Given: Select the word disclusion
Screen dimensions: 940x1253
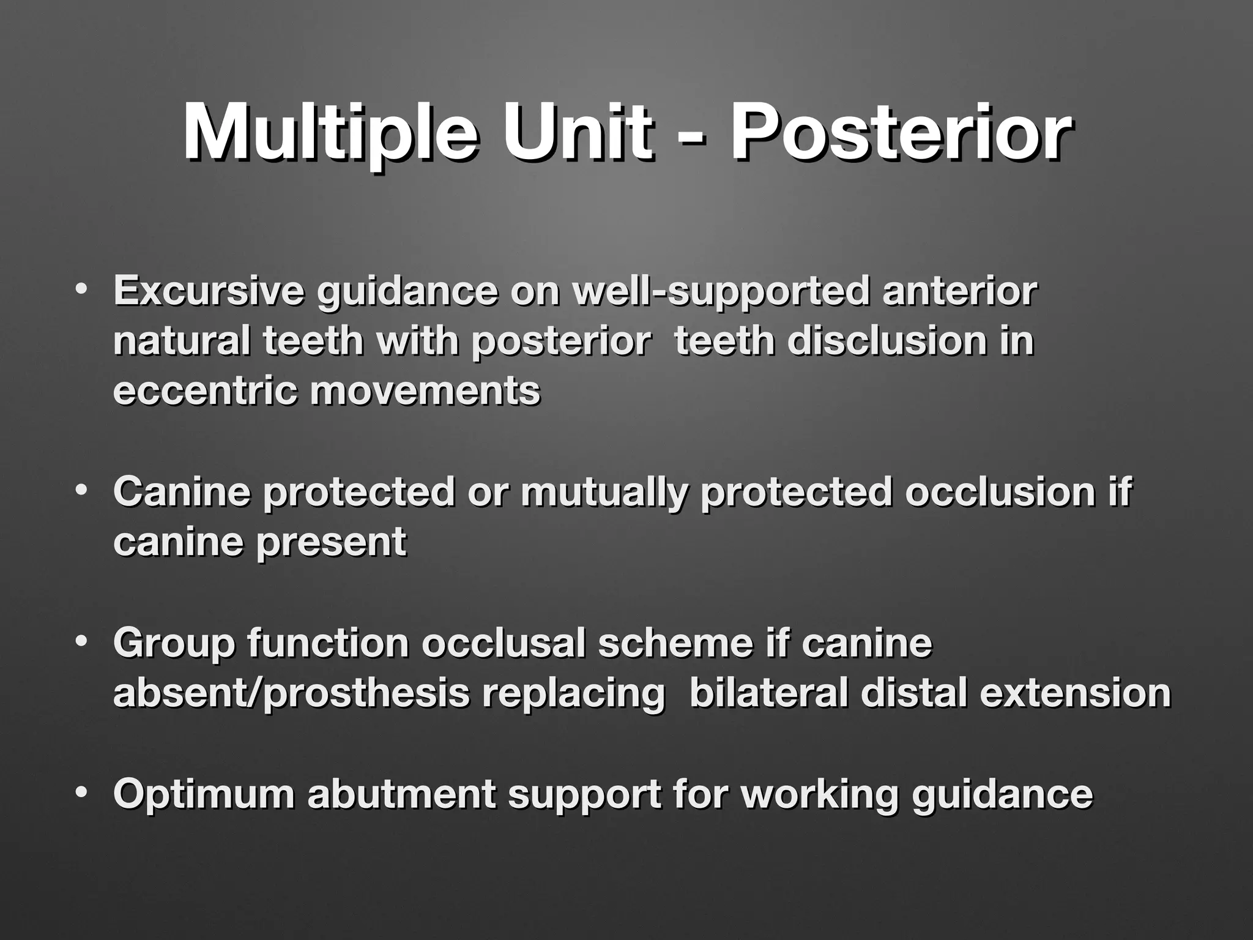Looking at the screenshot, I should pos(887,341).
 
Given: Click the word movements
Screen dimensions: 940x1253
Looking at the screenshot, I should pos(425,391).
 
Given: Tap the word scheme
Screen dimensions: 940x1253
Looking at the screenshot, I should pos(675,643).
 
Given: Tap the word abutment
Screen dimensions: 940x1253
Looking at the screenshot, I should pos(401,794).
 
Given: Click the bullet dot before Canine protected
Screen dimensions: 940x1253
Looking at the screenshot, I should pos(80,490).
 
